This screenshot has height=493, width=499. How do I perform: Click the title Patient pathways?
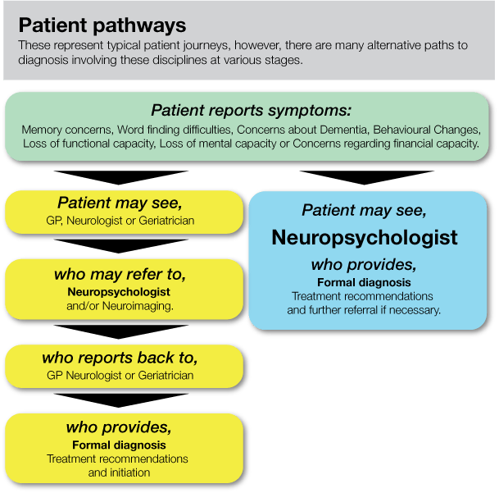[102, 25]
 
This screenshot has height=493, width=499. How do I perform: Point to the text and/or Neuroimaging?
[124, 304]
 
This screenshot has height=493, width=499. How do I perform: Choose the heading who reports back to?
[124, 358]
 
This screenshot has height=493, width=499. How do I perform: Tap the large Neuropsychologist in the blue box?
[365, 238]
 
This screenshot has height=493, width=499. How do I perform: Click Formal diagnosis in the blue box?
[365, 282]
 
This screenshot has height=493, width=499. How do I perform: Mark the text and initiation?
[119, 472]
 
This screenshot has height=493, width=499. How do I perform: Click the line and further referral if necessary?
[365, 310]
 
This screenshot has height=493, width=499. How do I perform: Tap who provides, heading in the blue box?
[365, 265]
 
